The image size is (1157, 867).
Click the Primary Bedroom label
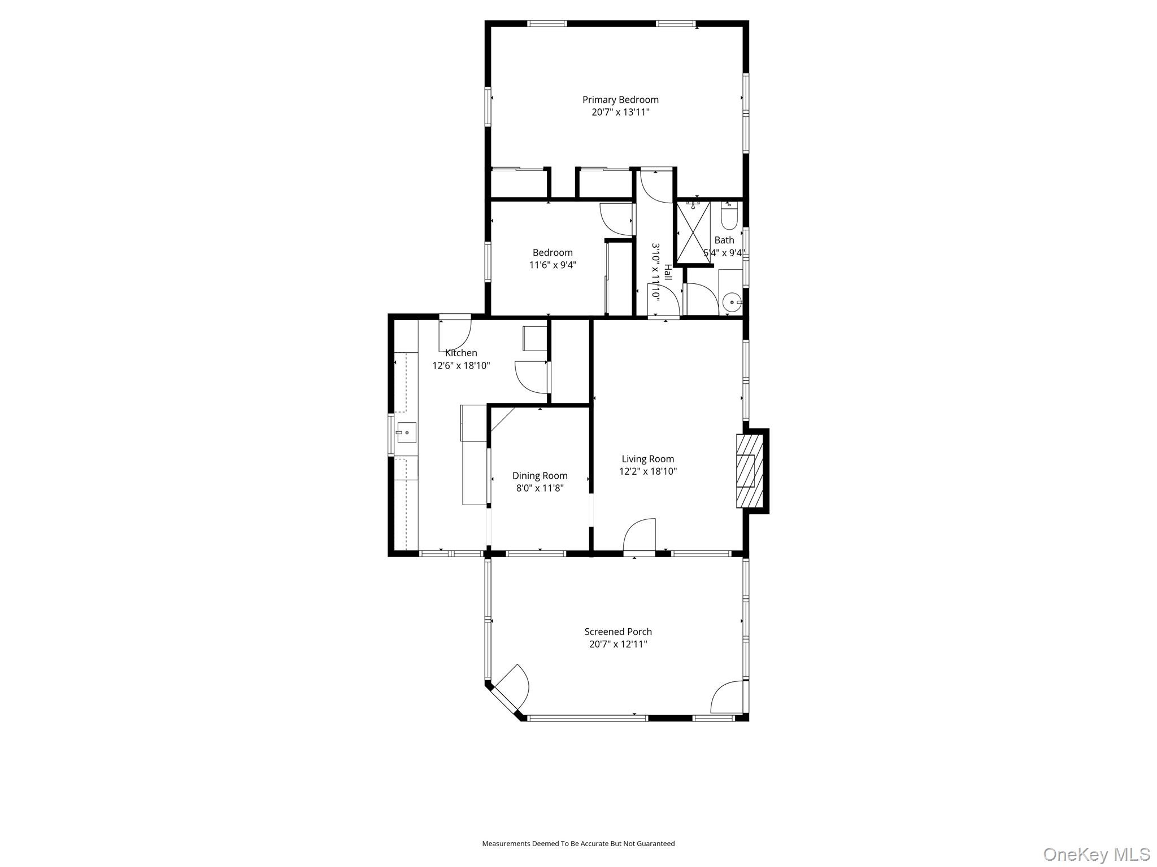620,100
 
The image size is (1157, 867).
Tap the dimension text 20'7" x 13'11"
620,112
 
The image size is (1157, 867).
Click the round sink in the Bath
732,303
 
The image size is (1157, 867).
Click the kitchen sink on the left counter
406,433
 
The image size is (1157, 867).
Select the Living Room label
647,459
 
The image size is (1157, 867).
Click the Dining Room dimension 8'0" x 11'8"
540,488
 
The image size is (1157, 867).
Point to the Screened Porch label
618,632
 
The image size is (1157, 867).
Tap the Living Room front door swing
640,536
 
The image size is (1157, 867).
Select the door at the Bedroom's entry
616,219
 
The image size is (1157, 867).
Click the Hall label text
668,272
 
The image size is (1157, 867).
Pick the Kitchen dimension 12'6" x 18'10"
461,365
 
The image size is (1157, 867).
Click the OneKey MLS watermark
1096,854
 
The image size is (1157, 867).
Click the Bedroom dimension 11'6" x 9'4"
553,265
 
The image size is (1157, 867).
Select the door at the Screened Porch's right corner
728,698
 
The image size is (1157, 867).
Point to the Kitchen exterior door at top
455,333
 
